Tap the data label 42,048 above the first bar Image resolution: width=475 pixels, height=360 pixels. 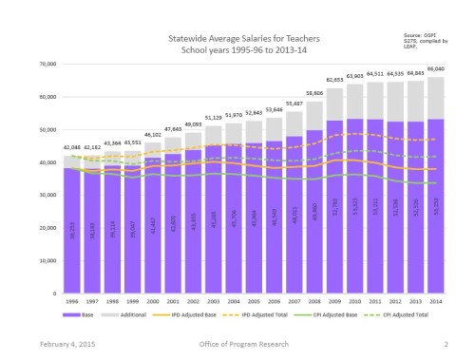[71, 148]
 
